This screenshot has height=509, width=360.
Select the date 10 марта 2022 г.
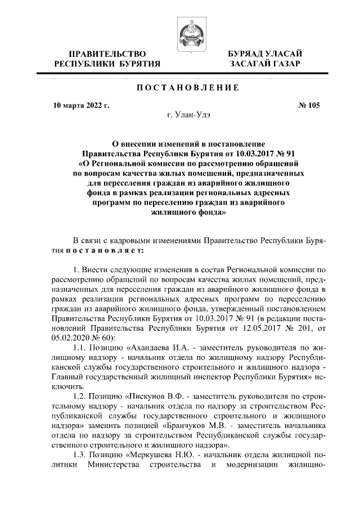[x=80, y=105]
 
